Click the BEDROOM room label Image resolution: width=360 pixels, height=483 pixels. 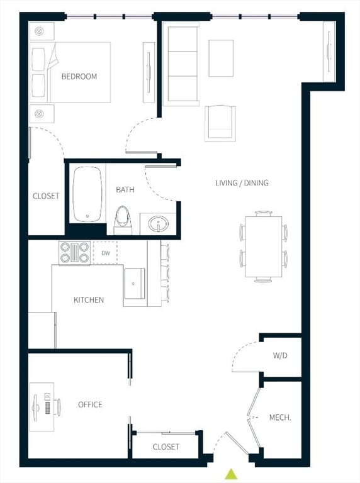[x=79, y=77]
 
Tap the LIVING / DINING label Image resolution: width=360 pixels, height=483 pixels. [x=242, y=183]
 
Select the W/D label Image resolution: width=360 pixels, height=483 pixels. [x=280, y=355]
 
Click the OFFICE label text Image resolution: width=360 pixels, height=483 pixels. [x=90, y=404]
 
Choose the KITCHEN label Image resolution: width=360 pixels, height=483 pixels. [x=89, y=300]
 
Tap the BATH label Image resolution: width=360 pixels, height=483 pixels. [x=123, y=189]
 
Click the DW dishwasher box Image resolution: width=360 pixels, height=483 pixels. [x=104, y=252]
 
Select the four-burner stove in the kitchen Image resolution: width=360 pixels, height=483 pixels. [x=74, y=252]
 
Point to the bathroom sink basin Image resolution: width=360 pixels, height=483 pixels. [x=158, y=223]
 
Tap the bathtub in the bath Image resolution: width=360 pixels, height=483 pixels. [x=87, y=194]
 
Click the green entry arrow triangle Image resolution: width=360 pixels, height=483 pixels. [x=232, y=474]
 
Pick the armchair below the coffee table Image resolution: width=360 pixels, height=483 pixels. [x=220, y=123]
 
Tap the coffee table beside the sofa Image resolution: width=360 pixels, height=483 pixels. [x=221, y=58]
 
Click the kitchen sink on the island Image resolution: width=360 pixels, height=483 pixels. [x=134, y=284]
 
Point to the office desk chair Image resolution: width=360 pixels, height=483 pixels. [x=58, y=407]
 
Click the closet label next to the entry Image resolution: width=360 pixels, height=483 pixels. [x=166, y=447]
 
